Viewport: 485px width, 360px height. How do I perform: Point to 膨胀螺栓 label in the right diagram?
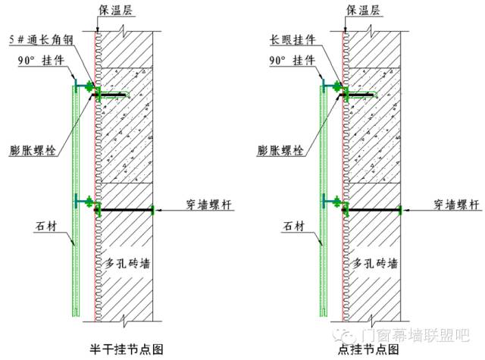pos(280,150)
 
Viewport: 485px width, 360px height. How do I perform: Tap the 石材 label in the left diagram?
pos(45,225)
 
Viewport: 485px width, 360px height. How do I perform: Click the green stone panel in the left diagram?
pos(73,250)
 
